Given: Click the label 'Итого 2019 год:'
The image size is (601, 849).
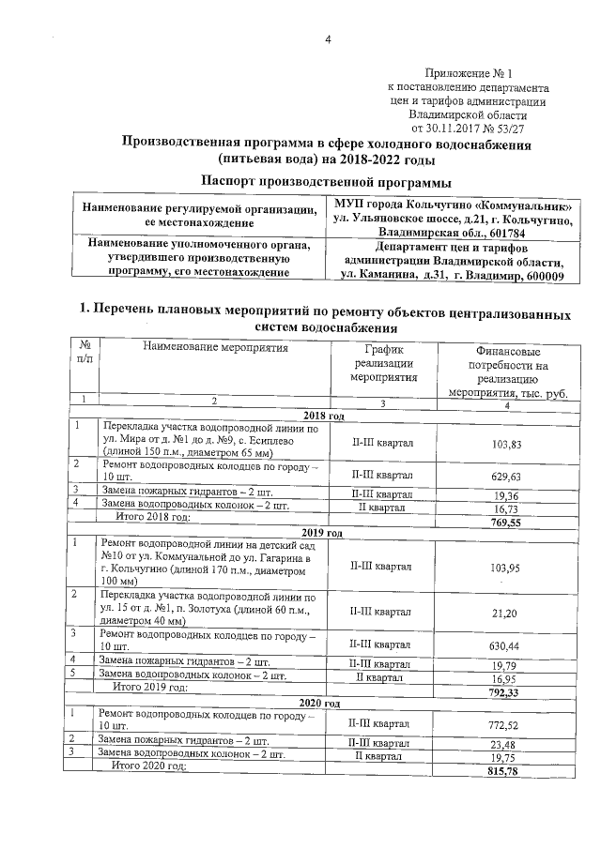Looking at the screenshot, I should [x=150, y=688].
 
